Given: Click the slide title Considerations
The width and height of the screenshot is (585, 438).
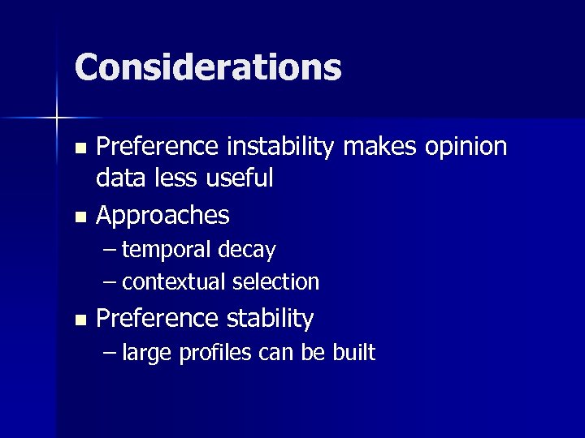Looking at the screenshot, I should (208, 67).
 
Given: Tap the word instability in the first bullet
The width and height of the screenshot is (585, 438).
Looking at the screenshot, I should (281, 147).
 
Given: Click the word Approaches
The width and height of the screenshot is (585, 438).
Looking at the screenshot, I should (162, 216).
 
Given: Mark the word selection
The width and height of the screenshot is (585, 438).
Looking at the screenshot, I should (275, 282).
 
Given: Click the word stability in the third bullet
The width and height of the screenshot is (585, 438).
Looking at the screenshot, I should (270, 319).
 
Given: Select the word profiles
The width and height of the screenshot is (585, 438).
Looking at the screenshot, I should (214, 353).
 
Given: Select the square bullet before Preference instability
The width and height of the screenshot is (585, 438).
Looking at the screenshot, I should (79, 148).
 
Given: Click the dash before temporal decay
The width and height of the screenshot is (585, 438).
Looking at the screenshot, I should (110, 251).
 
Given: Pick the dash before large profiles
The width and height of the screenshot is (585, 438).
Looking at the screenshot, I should (110, 354).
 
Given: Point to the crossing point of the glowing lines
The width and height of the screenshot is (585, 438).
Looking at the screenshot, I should (57, 118).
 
